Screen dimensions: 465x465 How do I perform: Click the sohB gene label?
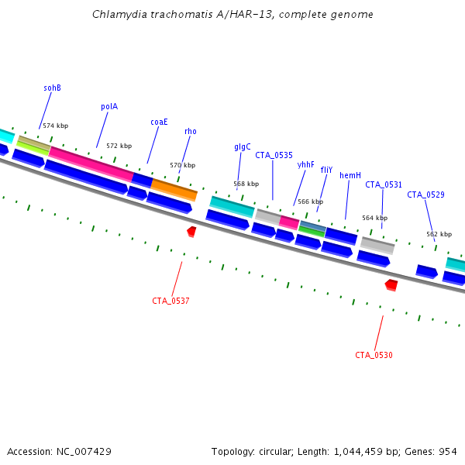click(x=52, y=88)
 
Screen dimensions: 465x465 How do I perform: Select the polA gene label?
click(x=109, y=106)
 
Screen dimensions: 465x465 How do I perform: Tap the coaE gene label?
click(x=159, y=122)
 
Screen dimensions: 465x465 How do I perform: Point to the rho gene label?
click(x=191, y=132)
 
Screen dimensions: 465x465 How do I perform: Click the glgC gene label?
click(x=243, y=146)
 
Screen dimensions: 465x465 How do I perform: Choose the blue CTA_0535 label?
click(x=274, y=155)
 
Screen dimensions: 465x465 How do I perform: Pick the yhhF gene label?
click(x=305, y=164)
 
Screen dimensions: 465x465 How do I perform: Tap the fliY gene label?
click(x=326, y=170)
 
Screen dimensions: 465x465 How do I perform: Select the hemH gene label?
click(x=350, y=175)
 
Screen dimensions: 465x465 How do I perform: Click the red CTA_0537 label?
click(x=170, y=301)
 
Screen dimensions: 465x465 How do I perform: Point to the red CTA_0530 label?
click(x=374, y=355)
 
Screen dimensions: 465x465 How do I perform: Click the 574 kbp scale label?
click(x=56, y=126)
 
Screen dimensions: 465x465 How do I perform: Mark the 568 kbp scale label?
click(x=246, y=184)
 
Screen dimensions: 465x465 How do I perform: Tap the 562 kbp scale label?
click(x=439, y=234)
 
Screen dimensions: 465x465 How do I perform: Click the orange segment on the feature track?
click(x=174, y=190)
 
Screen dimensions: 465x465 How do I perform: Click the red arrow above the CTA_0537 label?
click(x=191, y=232)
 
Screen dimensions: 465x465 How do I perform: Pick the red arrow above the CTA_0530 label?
click(x=391, y=285)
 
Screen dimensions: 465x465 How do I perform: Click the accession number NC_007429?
click(x=84, y=452)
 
